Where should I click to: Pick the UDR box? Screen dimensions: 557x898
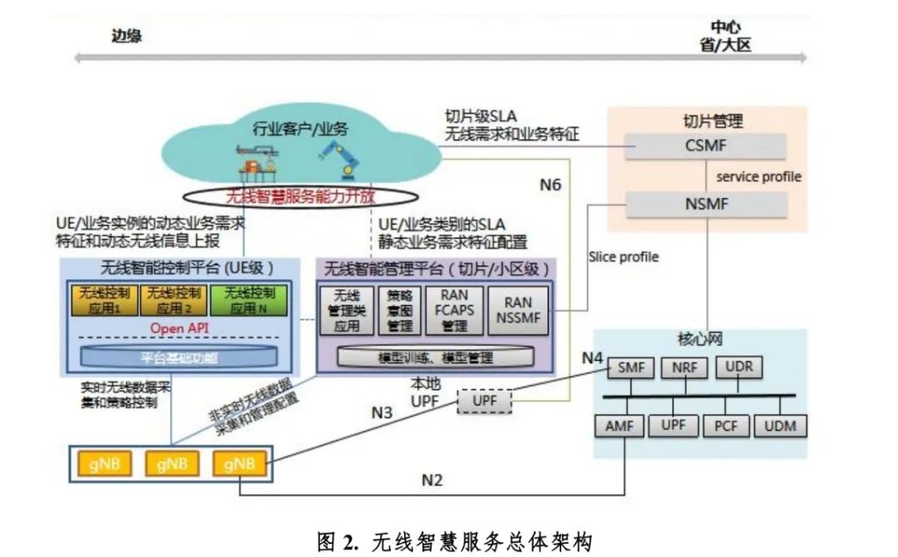[x=739, y=366]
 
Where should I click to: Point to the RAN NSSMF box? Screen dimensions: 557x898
[x=517, y=309]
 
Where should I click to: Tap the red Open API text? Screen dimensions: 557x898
[x=178, y=328]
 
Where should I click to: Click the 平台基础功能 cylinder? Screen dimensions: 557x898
[x=180, y=358]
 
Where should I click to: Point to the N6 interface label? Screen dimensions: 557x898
[x=550, y=185]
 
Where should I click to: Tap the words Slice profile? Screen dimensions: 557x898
[x=623, y=257]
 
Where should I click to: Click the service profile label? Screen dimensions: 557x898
[x=758, y=177]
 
